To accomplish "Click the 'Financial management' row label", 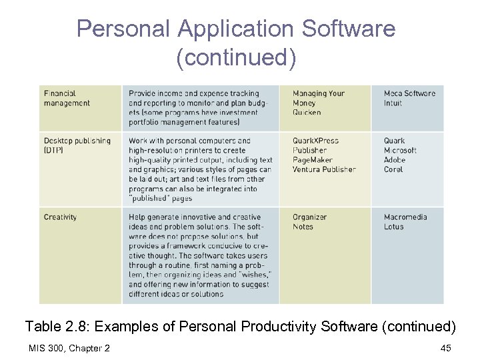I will (x=67, y=98).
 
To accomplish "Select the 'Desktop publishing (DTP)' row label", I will (x=77, y=145).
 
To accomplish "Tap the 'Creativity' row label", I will (x=60, y=217).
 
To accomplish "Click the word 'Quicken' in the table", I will (x=307, y=113).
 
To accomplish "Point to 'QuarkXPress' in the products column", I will (x=315, y=141).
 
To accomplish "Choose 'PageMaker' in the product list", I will (x=312, y=160).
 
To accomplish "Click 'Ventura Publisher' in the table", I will (x=324, y=169).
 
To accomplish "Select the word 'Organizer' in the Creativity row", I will (x=309, y=217).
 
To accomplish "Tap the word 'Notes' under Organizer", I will (x=303, y=227).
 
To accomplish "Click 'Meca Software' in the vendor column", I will (x=409, y=94).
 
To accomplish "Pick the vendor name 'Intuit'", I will (x=393, y=103).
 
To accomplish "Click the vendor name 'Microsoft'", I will (x=400, y=151).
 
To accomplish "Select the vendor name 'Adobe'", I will (x=395, y=160).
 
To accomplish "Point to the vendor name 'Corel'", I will (x=393, y=169).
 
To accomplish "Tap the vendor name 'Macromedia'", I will (x=406, y=217).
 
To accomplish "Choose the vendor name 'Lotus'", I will (x=394, y=227).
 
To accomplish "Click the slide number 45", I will (x=446, y=348).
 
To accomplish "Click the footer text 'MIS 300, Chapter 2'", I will (x=69, y=348).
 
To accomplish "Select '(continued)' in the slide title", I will (x=236, y=57).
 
